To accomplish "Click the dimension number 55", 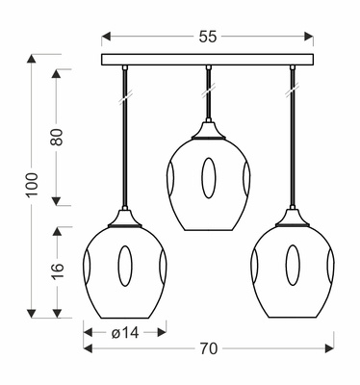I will point(208,36).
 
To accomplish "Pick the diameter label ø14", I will point(126,332).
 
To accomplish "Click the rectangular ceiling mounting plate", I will point(208,60).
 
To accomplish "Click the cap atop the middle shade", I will point(208,129).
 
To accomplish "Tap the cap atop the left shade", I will point(124,219).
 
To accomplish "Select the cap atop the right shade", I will point(291,219).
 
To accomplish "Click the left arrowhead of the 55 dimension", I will point(107,37).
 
